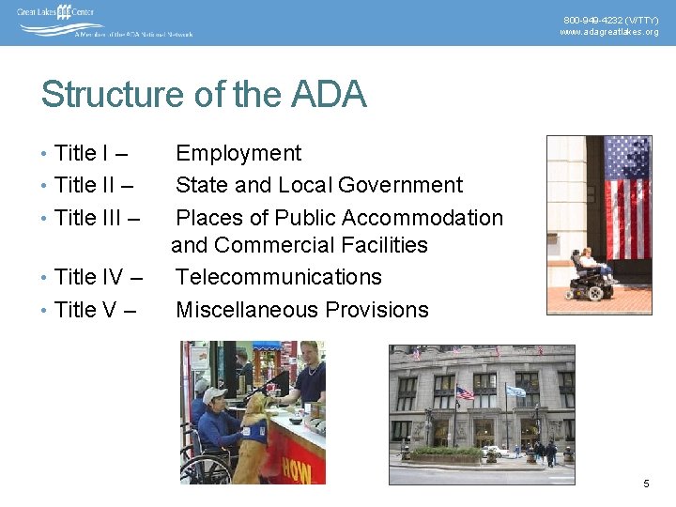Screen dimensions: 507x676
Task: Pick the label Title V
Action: point(85,309)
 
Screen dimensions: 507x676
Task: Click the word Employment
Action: point(238,153)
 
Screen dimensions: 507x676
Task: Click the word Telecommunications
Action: point(279,277)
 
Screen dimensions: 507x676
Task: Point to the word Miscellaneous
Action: point(240,309)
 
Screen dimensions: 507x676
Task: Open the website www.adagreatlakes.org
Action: point(609,32)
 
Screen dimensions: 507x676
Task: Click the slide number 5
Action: point(646,484)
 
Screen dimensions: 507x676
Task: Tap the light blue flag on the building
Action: point(515,390)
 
